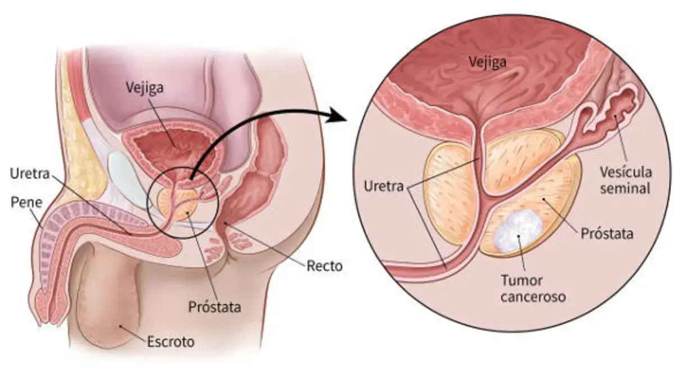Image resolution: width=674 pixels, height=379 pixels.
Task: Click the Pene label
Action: pyautogui.click(x=26, y=203)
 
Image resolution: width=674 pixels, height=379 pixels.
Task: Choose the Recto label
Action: pyautogui.click(x=324, y=266)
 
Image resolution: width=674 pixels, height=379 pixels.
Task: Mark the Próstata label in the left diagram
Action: pyautogui.click(x=215, y=307)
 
